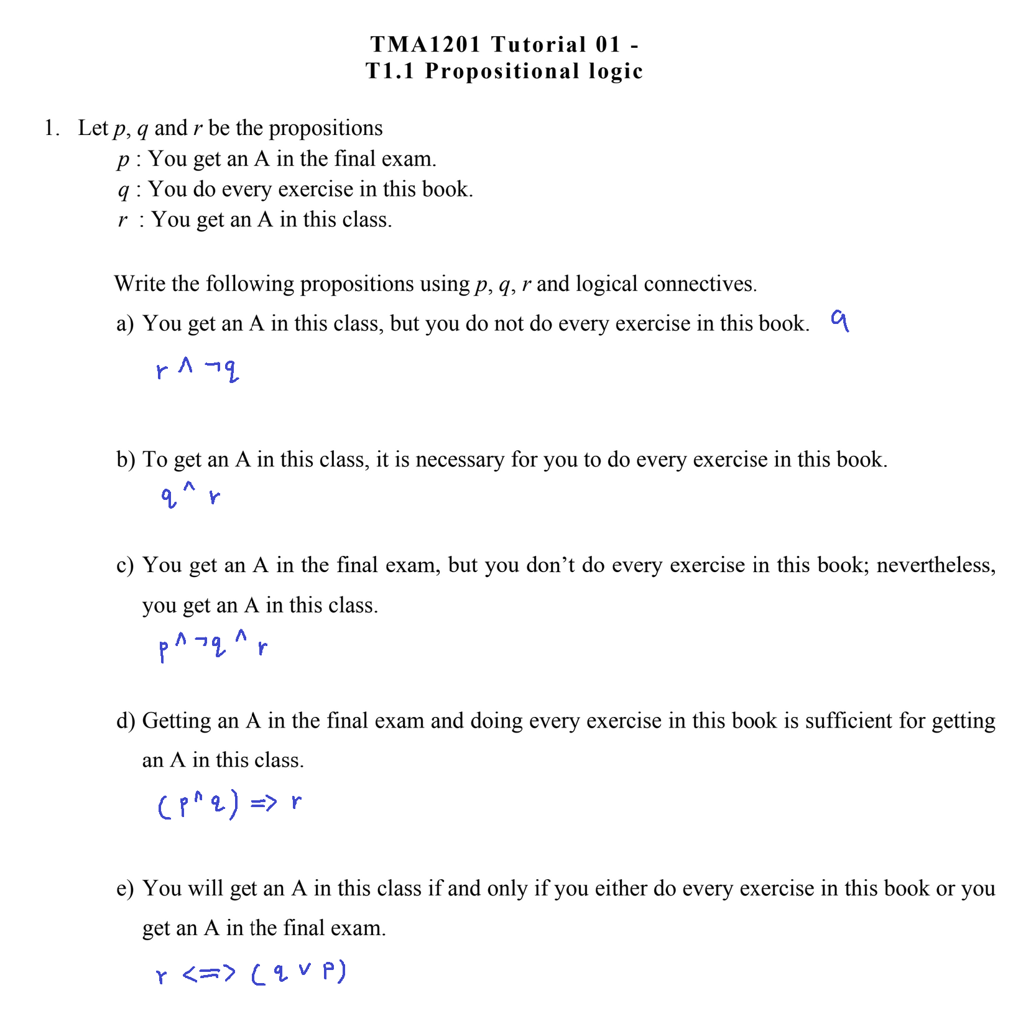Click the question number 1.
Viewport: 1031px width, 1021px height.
coord(51,128)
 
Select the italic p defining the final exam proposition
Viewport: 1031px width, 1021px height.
coord(123,160)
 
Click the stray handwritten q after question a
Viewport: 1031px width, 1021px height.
coord(840,321)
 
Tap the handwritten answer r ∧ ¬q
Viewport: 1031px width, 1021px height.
coord(197,370)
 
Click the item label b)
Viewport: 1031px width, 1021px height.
coord(126,460)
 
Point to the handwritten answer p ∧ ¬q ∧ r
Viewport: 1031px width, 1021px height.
coord(213,647)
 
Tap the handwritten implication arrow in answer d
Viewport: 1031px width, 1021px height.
coord(264,804)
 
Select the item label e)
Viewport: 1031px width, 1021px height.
coord(125,889)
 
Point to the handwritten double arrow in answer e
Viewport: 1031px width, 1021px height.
coord(210,973)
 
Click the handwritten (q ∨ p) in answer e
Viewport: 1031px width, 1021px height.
coord(298,972)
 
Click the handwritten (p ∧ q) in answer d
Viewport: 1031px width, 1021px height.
coord(198,805)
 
